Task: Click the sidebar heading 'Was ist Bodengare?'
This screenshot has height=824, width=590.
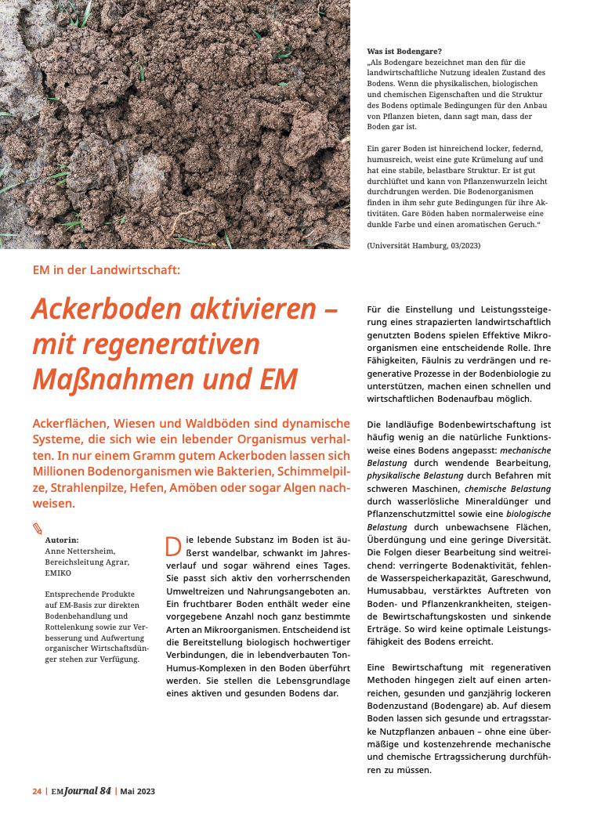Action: pos(404,52)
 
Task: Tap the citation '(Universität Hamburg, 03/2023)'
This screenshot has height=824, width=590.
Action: pos(424,246)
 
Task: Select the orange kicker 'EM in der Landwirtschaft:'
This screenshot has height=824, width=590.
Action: pos(107,270)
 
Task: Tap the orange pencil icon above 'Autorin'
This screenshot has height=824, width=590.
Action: pos(38,528)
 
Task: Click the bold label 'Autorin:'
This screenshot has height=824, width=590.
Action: pos(62,540)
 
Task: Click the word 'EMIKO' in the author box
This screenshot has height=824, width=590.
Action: pos(59,573)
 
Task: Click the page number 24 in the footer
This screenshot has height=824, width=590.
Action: pos(37,791)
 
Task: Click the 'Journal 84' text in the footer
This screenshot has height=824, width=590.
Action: pos(87,791)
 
